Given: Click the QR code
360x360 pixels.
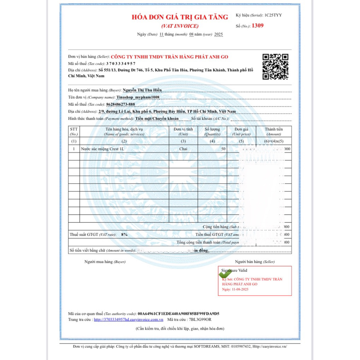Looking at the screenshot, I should pos(276,67).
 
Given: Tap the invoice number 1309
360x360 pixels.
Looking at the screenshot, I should pos(258,25).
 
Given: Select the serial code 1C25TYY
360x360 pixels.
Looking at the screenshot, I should pos(273,15).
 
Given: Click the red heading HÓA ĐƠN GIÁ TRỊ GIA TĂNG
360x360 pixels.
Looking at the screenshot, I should pos(180,17).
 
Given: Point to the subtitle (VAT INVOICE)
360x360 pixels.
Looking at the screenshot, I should pos(180,26).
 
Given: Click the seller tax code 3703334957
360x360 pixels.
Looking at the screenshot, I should pos(121,64).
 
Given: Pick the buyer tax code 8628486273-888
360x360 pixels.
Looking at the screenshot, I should pos(121,104).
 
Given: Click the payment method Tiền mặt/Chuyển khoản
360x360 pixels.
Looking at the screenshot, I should pos(157,118).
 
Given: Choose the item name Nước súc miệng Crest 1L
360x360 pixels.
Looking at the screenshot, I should pos(103,149).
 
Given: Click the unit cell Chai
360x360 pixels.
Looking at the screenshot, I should pos(183,149).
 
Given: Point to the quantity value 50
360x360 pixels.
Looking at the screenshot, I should pos(223,149).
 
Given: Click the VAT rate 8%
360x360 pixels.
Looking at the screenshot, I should pos(124,234).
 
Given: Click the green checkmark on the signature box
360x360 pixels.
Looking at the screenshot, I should pos(225,274).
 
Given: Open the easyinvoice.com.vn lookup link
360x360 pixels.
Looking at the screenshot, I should pos(128,320).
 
